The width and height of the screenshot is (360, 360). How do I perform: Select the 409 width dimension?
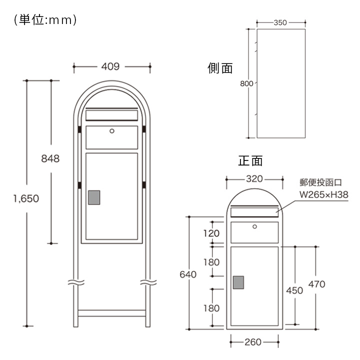112,65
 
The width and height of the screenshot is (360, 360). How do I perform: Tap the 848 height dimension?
50,158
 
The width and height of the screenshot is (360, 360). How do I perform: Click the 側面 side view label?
220,68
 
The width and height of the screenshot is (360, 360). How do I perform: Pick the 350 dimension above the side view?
281,22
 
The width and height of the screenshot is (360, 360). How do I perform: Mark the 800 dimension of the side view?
246,83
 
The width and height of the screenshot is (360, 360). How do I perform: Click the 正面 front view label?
250,160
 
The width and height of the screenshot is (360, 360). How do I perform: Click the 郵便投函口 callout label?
320,182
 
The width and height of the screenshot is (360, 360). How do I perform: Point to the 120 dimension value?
211,233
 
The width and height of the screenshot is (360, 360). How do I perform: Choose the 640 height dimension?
188,274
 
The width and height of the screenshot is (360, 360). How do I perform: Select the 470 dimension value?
316,284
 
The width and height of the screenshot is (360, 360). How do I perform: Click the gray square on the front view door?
239,283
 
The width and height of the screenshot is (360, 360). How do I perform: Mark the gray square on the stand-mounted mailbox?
94,197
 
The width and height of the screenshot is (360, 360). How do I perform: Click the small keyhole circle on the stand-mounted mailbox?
112,131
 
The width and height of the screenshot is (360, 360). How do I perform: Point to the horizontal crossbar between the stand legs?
112,313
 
